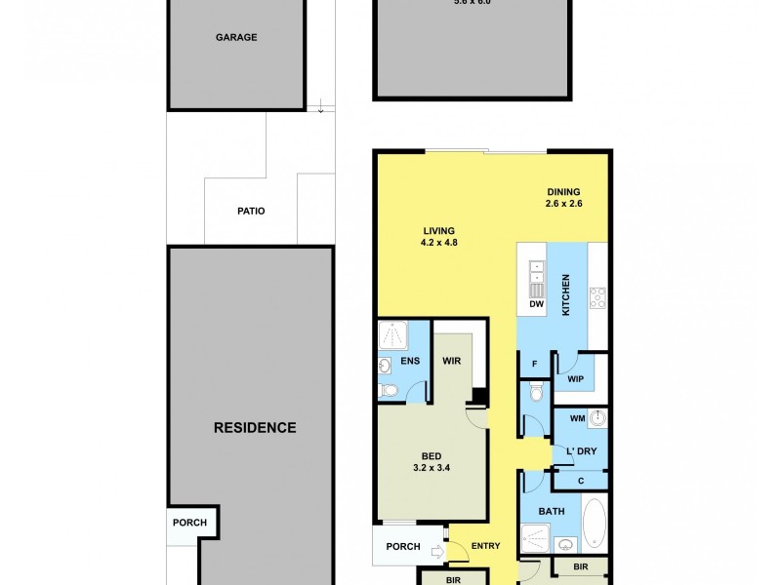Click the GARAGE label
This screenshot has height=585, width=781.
click(x=236, y=37)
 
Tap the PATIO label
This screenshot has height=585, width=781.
click(x=250, y=211)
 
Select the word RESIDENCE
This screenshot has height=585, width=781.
click(x=256, y=427)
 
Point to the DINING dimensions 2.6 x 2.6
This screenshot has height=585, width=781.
click(x=563, y=204)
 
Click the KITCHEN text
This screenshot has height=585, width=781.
click(x=565, y=294)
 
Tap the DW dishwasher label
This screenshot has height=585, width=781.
click(x=535, y=305)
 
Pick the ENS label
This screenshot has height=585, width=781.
click(x=410, y=361)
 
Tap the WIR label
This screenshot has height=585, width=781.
click(x=451, y=361)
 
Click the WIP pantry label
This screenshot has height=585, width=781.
click(x=575, y=378)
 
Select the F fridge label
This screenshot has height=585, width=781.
click(x=534, y=365)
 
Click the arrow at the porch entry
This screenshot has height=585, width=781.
click(x=435, y=553)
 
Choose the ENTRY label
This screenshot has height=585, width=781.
click(x=484, y=546)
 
